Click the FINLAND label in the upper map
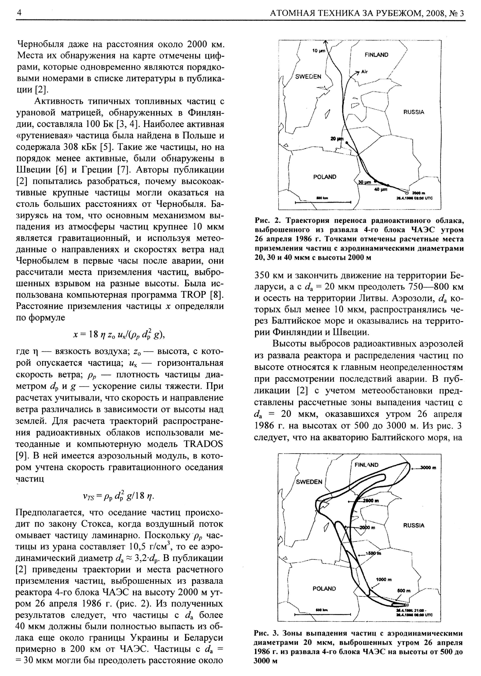point(376,55)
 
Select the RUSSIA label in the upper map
point(414,112)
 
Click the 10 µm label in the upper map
point(318,51)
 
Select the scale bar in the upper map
point(323,202)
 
